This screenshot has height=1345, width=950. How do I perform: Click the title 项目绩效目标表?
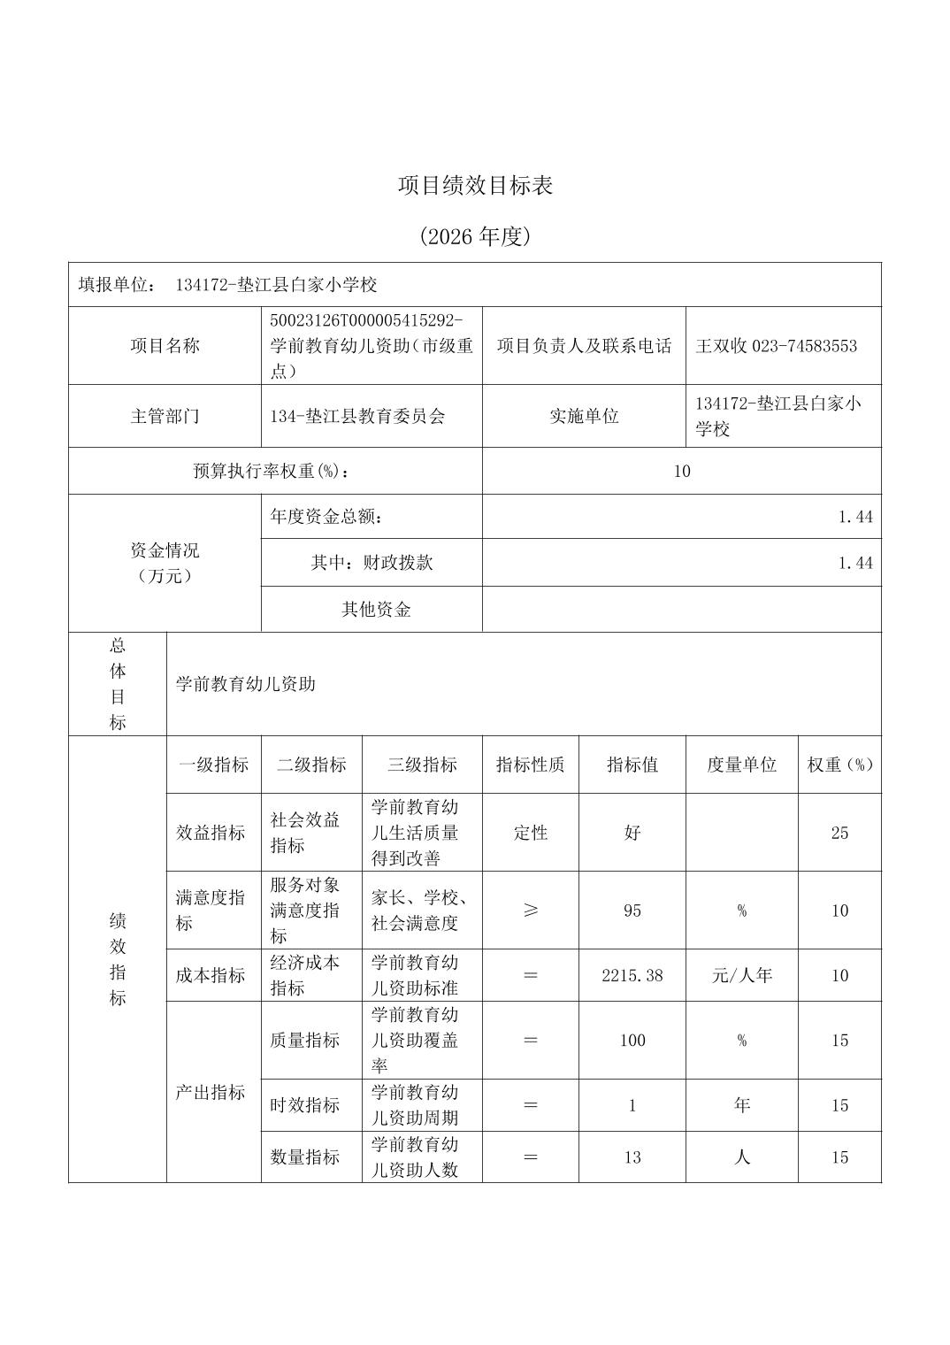[475, 186]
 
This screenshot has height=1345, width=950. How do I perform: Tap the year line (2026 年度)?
[475, 236]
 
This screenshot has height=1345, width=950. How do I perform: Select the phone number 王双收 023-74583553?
[776, 346]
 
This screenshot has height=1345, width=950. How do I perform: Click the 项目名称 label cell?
[165, 346]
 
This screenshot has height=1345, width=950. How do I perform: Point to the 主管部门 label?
[165, 416]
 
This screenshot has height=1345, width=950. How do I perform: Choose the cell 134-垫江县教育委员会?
[357, 416]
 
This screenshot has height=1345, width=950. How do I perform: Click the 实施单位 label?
[584, 416]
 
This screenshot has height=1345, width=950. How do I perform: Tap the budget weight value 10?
[681, 471]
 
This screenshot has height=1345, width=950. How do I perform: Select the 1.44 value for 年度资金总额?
[855, 517]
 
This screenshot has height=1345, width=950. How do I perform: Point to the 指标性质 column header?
[530, 765]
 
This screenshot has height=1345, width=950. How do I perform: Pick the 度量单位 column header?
[741, 765]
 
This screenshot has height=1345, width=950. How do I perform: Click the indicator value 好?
[632, 833]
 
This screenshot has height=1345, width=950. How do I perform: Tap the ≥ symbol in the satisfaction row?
[530, 911]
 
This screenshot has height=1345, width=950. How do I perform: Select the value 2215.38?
[632, 975]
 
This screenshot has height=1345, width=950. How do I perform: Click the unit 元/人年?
[741, 975]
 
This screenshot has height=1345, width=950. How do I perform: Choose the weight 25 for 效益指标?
[839, 833]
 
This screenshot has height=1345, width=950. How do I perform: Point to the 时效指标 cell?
[305, 1105]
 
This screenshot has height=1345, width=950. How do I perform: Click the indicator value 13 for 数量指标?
[632, 1157]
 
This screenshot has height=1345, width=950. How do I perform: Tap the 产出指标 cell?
[210, 1092]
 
